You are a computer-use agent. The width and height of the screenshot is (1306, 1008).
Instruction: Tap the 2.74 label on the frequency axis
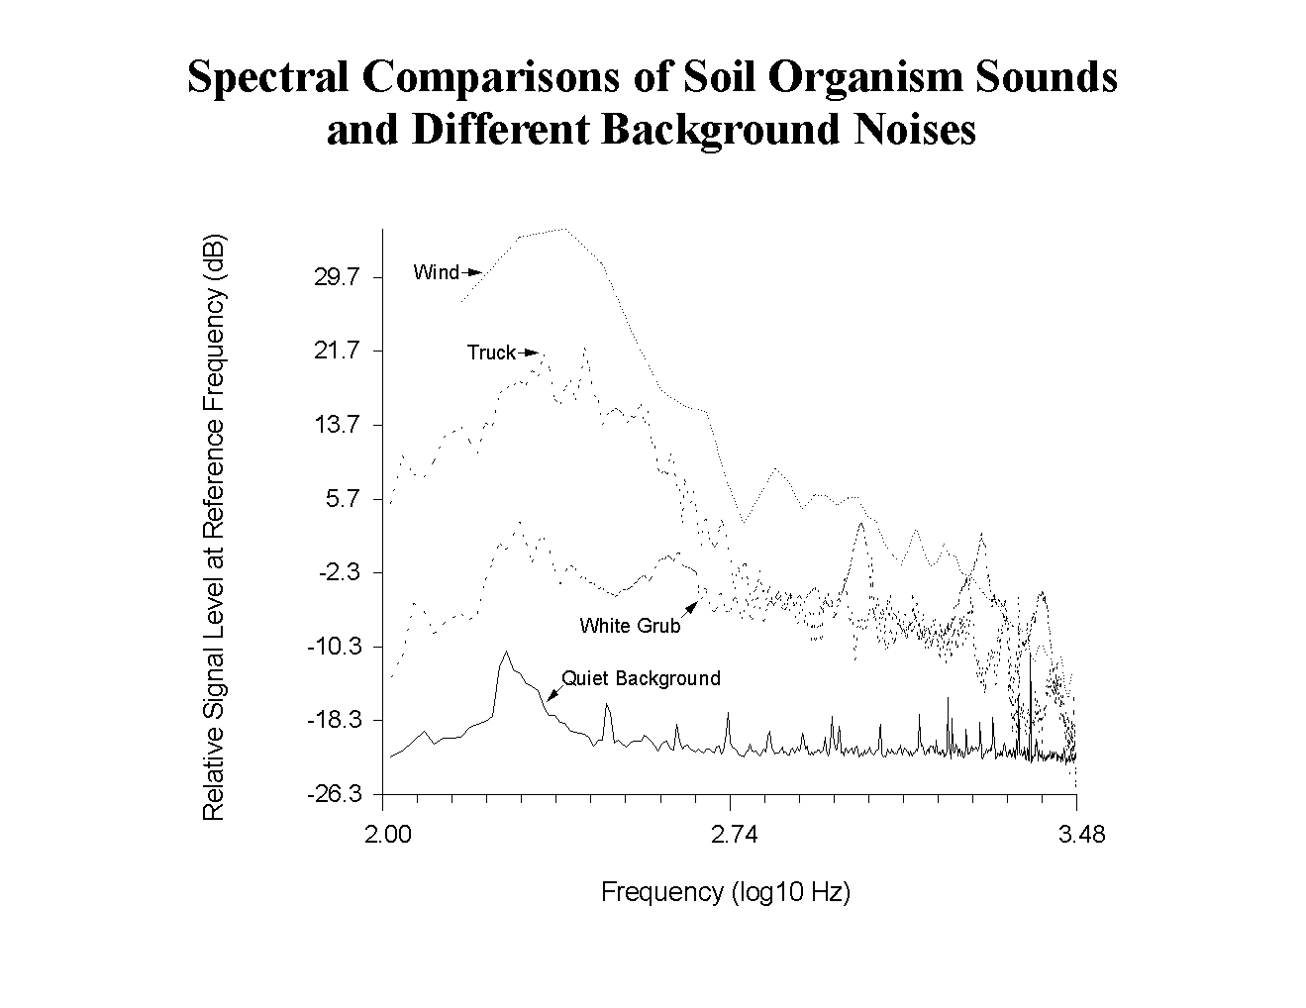click(734, 835)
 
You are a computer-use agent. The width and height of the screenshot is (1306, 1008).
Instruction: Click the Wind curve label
click(437, 272)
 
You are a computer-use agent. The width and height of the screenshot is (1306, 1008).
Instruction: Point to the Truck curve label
click(491, 353)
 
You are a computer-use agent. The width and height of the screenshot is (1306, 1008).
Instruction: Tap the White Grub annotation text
click(630, 626)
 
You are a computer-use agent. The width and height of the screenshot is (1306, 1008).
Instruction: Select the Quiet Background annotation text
click(641, 678)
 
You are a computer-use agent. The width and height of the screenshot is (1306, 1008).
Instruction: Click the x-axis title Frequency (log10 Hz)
click(726, 892)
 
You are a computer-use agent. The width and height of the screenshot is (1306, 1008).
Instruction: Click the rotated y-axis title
click(214, 527)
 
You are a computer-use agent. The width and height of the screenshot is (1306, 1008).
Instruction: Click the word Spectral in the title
click(267, 77)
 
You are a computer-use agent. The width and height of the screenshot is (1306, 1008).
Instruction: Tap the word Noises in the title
click(910, 130)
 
